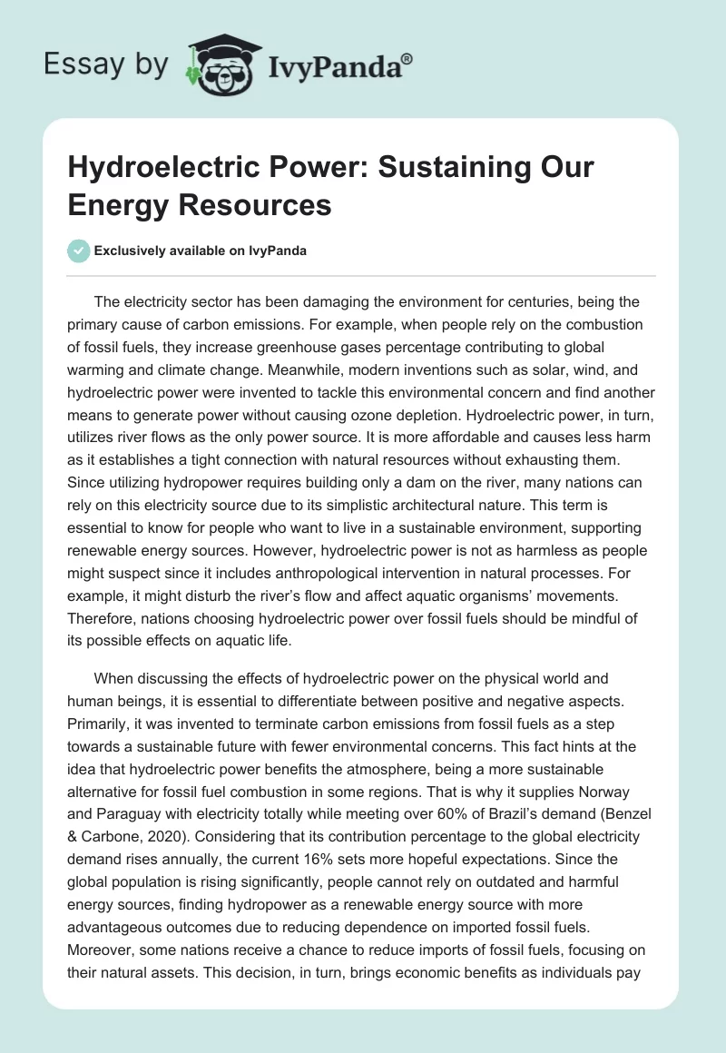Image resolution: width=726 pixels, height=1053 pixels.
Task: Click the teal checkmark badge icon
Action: coord(79,251)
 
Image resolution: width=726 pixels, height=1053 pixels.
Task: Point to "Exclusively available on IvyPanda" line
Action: coord(199,251)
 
